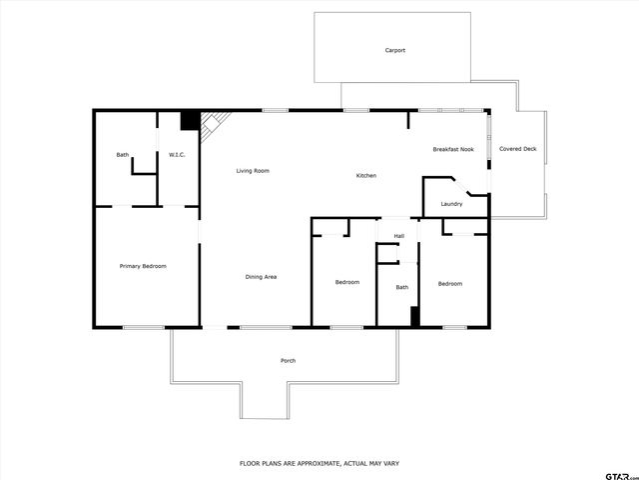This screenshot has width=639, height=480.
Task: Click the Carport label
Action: tap(395, 50)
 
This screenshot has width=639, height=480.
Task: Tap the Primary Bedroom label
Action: tap(143, 266)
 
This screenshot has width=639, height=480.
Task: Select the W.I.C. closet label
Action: tap(178, 155)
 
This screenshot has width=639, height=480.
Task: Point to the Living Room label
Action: tap(253, 171)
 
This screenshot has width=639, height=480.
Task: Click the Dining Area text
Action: tap(262, 277)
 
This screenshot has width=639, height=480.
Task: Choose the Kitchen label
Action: tap(366, 176)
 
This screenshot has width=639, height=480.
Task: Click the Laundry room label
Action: tap(451, 204)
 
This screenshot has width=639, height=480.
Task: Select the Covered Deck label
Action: tap(518, 150)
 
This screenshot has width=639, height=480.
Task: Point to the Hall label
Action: tap(399, 236)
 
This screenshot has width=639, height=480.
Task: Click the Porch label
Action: tap(288, 361)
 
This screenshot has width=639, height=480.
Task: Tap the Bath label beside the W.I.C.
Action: tap(123, 155)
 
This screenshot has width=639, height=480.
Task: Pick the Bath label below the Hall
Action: tap(402, 288)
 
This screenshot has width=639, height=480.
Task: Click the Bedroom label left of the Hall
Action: tap(346, 283)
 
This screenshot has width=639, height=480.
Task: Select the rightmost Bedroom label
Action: tap(450, 284)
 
